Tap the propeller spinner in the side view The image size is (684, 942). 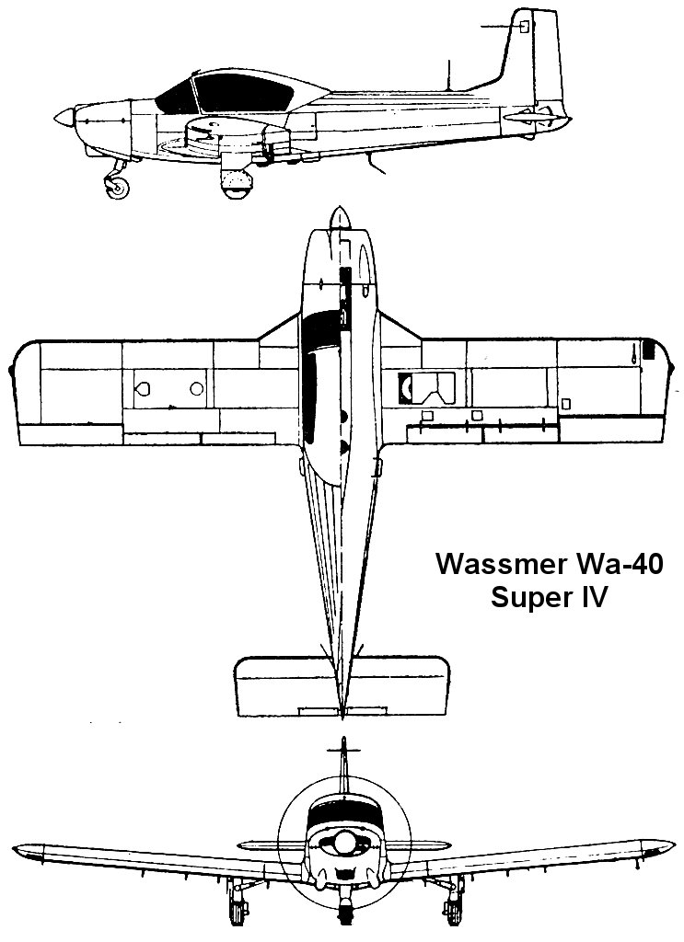63,116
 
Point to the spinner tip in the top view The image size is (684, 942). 342,217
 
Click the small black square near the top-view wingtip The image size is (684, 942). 648,350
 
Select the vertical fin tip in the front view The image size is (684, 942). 342,742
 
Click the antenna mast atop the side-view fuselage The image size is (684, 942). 448,74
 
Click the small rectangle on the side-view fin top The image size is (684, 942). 525,27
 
